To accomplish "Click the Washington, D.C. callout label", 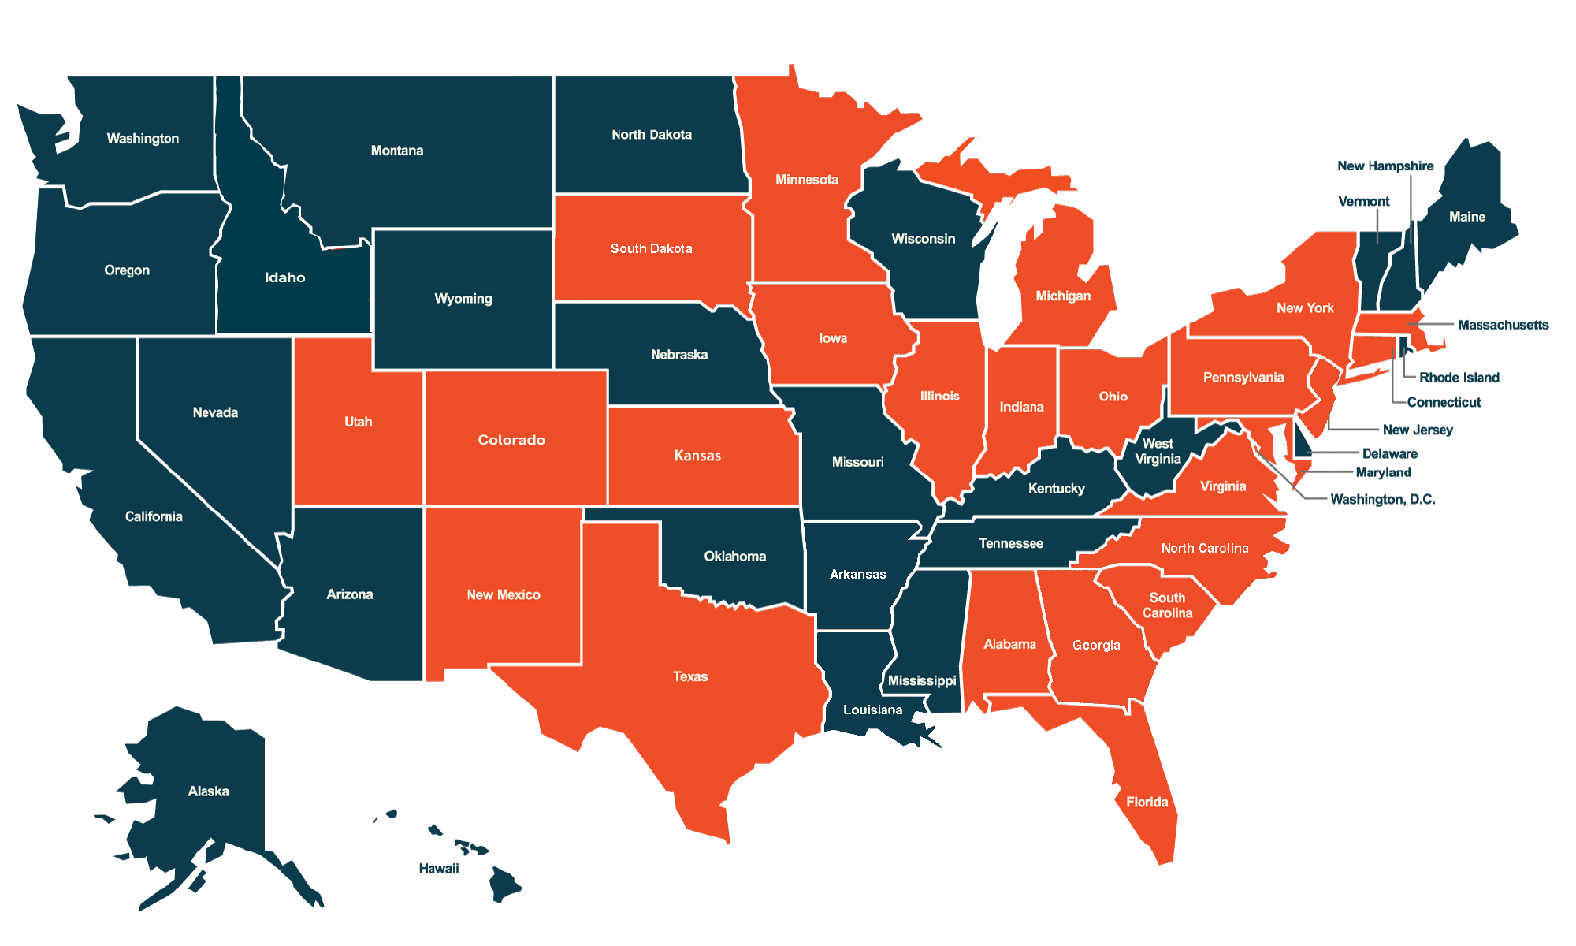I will [x=1382, y=499].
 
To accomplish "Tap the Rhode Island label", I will [x=1459, y=378].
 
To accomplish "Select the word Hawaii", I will [x=438, y=869].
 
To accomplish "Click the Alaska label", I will [x=208, y=791].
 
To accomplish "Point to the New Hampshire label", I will [x=1385, y=166].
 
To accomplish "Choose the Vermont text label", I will [x=1363, y=202].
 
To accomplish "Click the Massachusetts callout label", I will [x=1503, y=325].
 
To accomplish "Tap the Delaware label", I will [x=1389, y=454].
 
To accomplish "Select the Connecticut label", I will [x=1444, y=403].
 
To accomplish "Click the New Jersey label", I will [x=1417, y=430].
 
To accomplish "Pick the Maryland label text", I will [x=1383, y=473].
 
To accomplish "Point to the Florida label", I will [x=1147, y=803].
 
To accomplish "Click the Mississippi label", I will [x=921, y=680].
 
